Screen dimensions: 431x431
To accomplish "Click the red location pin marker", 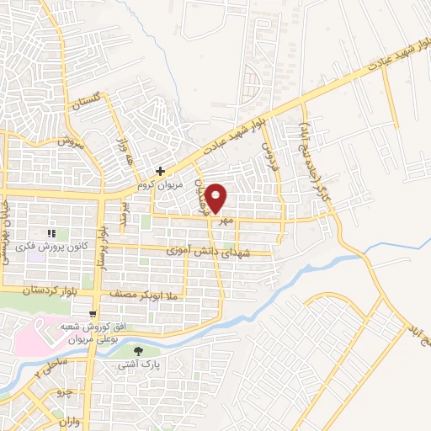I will coord(215,199).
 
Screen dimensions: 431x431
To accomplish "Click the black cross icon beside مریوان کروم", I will coord(160,171).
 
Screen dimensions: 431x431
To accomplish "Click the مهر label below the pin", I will coord(225,221).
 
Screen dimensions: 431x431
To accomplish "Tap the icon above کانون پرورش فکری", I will coord(51,233).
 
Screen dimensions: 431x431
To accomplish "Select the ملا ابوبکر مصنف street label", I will coord(150,294).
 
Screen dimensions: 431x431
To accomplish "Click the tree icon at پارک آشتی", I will coord(140,350).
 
